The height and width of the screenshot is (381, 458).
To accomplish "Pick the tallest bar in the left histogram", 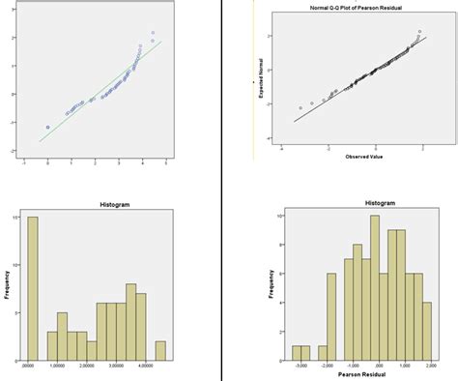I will pos(33,286).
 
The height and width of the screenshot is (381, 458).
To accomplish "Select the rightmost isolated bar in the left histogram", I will pos(160,349).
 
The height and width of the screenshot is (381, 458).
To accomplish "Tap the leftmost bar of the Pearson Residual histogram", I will pos(297,352).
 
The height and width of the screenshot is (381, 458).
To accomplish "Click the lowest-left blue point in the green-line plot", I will pos(47,127).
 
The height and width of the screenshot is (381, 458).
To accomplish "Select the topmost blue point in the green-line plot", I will pos(153,34).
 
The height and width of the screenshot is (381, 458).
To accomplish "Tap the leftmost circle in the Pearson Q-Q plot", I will pos(301,107).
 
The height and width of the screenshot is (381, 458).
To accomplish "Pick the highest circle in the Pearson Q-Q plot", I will pos(419,31).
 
